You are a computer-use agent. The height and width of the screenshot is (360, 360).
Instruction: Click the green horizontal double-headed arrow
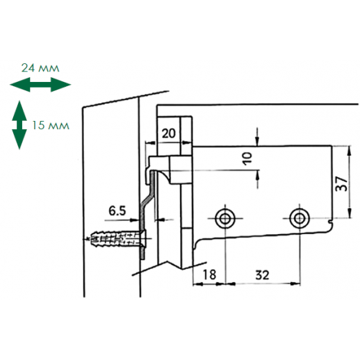[x=40, y=85]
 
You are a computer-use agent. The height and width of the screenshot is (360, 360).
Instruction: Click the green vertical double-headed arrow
[x=19, y=125]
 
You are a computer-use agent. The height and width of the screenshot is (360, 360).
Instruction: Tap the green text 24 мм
[x=40, y=68]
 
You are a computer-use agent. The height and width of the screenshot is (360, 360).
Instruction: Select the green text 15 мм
[x=51, y=125]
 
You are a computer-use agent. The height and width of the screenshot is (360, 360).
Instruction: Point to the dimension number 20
[x=168, y=133]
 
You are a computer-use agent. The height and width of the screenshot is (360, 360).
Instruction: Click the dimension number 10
[x=247, y=158]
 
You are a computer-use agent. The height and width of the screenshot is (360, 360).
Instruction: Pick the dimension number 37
[x=342, y=183]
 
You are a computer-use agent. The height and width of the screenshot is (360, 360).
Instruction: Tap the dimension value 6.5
[x=117, y=211]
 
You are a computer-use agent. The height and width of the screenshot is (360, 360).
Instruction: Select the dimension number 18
[x=209, y=275]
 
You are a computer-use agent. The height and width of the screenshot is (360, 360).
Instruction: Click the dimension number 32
[x=262, y=275]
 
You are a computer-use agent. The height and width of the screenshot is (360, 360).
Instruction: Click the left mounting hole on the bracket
[x=224, y=218]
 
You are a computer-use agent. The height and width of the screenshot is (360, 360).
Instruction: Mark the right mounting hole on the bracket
[x=300, y=218]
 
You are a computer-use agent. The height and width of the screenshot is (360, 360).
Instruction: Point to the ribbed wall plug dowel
[x=117, y=238]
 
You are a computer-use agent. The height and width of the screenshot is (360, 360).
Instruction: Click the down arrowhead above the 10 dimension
[x=257, y=141]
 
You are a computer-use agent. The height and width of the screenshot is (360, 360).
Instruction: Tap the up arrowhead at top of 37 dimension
[x=350, y=152]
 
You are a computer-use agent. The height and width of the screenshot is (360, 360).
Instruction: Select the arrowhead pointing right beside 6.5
[x=135, y=220]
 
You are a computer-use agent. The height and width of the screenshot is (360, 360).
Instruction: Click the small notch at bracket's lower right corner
[x=331, y=223]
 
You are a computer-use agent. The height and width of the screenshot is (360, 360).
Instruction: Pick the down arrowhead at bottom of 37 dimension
[x=350, y=213]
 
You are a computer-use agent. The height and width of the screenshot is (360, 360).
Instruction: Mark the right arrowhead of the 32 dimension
[x=295, y=284]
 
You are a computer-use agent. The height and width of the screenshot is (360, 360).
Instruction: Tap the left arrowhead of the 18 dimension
[x=198, y=284]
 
